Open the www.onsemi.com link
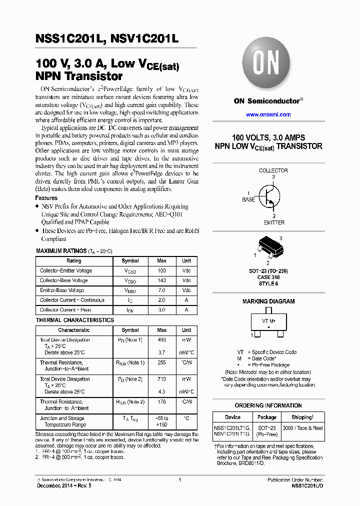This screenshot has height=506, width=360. point(268,114)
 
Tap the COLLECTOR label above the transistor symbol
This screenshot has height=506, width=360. point(273,170)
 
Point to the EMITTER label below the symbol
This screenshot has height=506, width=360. point(273,222)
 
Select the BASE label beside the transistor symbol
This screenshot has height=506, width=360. point(248,199)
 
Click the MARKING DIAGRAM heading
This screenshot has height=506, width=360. point(268,301)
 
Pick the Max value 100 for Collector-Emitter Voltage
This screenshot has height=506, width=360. point(162,270)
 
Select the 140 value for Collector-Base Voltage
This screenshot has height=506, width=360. point(162,280)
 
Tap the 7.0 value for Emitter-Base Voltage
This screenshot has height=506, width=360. point(162,290)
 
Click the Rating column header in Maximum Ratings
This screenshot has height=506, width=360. point(73,261)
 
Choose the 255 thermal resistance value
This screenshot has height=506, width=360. point(162,362)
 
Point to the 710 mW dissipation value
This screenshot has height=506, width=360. point(162,379)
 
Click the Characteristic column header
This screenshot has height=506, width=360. point(73,330)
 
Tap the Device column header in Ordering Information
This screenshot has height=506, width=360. point(232,417)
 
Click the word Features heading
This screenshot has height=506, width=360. point(46,198)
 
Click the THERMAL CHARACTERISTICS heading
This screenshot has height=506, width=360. point(74,320)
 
